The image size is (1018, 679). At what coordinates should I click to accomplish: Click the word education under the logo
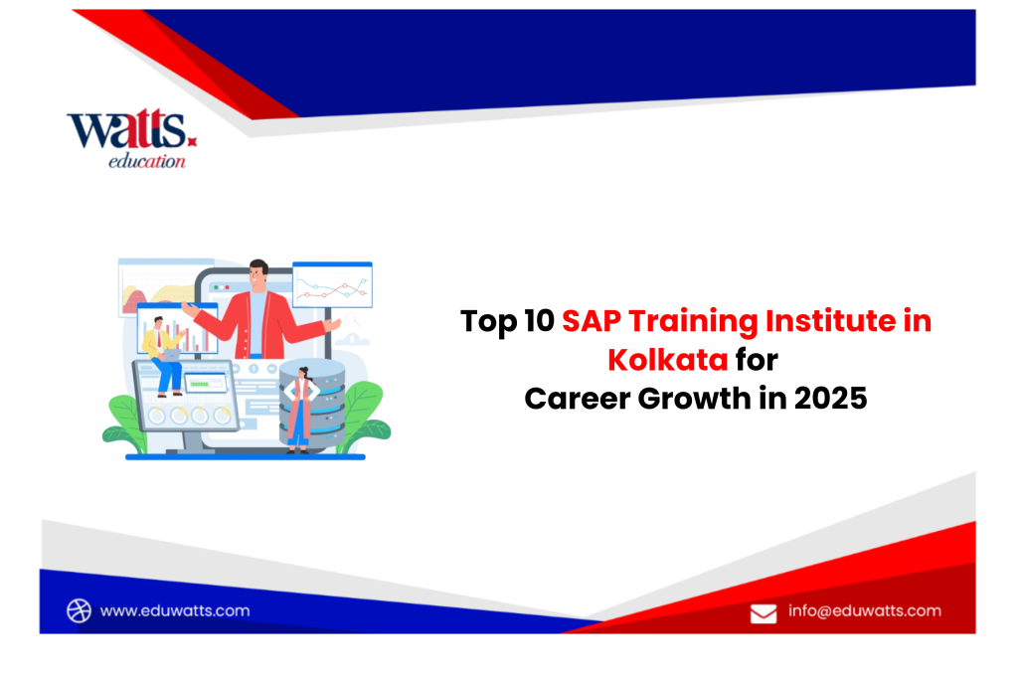coord(146,161)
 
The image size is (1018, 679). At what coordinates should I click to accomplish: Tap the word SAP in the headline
coord(595,321)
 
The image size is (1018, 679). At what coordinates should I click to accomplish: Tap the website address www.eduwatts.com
coord(175,610)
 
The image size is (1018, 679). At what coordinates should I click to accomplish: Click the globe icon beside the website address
coord(79,610)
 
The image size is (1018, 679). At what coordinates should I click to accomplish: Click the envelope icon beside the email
coord(763,613)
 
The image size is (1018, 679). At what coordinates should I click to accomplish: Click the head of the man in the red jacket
coord(258,271)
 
